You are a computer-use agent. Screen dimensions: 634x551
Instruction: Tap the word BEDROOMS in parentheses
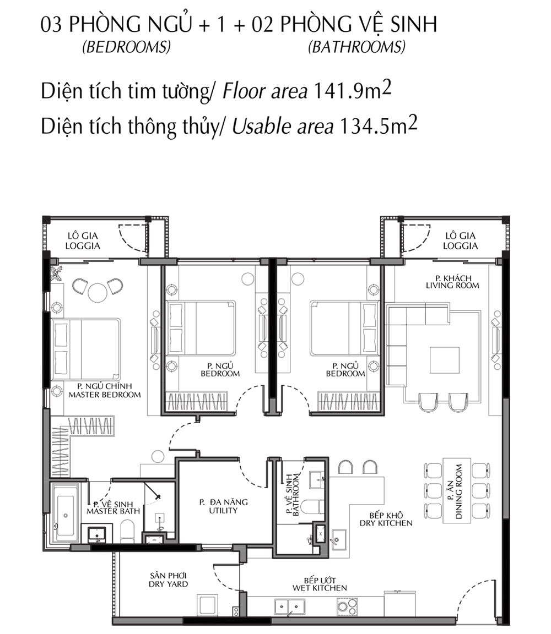pyautogui.click(x=126, y=47)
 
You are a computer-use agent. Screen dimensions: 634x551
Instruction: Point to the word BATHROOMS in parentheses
pyautogui.click(x=356, y=47)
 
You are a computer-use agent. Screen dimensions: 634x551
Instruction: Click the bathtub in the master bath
pyautogui.click(x=66, y=515)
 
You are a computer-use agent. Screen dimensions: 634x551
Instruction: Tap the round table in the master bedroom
pyautogui.click(x=98, y=292)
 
